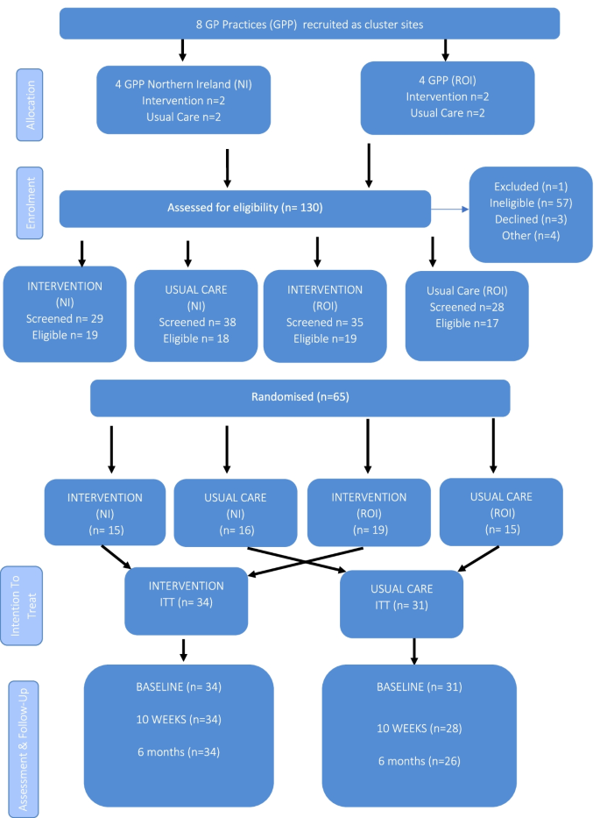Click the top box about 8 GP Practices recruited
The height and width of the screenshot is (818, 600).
309,24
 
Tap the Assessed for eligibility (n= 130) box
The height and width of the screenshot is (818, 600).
245,208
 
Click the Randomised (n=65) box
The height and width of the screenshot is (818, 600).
300,397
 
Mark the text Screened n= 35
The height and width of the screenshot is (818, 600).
324,322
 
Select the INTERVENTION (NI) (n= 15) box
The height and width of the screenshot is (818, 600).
104,513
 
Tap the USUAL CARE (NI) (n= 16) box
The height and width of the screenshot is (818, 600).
235,513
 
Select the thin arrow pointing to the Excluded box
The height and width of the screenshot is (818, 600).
449,210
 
